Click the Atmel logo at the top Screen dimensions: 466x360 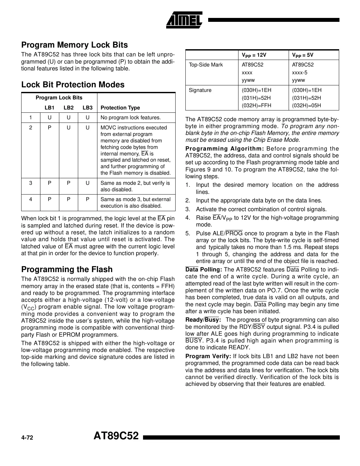(184, 20)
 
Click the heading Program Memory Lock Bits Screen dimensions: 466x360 (75, 45)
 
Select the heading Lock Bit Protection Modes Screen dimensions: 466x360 (73, 85)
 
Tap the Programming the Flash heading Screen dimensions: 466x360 (67, 269)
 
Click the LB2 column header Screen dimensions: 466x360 (68, 108)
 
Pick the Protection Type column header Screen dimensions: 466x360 (120, 108)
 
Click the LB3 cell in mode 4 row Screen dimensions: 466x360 (88, 199)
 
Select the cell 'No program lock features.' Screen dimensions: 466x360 (131, 118)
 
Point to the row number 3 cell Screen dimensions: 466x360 (31, 183)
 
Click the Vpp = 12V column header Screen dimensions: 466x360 (254, 55)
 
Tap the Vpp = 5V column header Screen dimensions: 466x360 (302, 55)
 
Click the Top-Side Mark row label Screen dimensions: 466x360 (206, 65)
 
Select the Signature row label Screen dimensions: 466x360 (200, 90)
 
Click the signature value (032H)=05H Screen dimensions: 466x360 (306, 106)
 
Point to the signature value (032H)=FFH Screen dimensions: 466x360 (256, 106)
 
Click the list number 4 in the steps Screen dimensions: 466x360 (188, 218)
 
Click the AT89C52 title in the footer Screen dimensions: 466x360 (116, 436)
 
